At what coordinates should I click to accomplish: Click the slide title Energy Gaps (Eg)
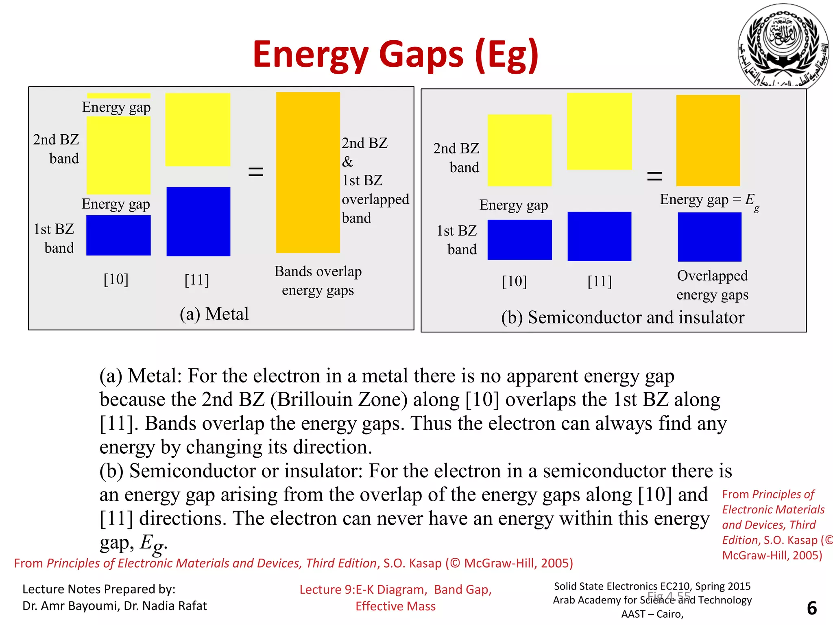[x=395, y=55]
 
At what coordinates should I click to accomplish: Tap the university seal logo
[x=783, y=46]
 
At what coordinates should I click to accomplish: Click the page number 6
[x=811, y=608]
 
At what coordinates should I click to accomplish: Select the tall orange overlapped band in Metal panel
[x=308, y=172]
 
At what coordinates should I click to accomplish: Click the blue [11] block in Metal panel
[x=198, y=221]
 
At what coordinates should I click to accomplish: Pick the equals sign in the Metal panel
[x=256, y=171]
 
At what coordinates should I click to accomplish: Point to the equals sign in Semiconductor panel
[x=654, y=176]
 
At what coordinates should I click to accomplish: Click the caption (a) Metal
[x=214, y=314]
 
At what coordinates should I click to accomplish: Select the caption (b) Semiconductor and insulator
[x=622, y=317]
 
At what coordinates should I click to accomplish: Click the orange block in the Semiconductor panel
[x=708, y=140]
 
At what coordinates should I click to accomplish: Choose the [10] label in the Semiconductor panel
[x=514, y=281]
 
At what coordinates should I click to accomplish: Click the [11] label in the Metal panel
[x=196, y=280]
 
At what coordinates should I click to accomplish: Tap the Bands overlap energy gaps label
[x=318, y=280]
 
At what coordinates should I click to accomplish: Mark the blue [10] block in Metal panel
[x=118, y=235]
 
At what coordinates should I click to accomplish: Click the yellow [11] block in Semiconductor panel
[x=599, y=131]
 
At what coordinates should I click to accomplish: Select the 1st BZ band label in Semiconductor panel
[x=457, y=240]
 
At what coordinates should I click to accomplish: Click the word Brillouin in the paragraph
[x=342, y=400]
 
